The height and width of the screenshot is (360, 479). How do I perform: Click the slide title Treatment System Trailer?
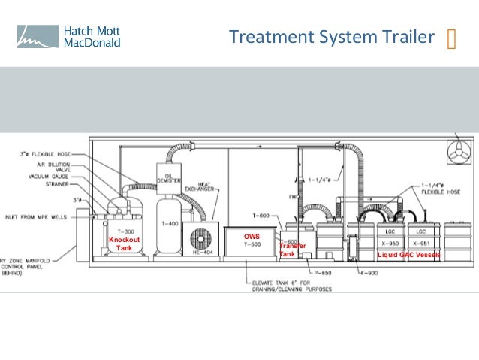[331, 37]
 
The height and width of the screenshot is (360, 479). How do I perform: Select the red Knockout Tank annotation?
[124, 244]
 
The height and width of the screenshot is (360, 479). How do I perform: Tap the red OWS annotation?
[252, 236]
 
